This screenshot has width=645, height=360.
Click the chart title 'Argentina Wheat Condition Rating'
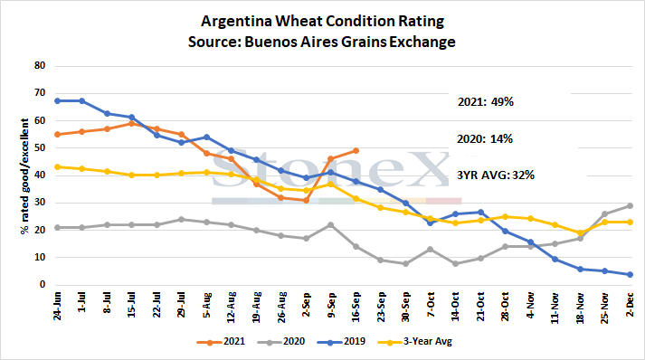coord(322,21)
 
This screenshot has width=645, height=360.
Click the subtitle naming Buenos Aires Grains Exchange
coord(322,42)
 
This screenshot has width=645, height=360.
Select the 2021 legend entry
coord(221,342)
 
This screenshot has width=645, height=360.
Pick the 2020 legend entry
coord(281,342)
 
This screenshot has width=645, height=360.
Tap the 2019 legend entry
coord(341,342)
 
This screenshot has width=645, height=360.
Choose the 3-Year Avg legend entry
coord(414,342)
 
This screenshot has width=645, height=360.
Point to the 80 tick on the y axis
coord(40,65)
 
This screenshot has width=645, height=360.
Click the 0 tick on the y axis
coord(43,284)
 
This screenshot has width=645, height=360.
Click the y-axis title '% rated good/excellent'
coord(24,176)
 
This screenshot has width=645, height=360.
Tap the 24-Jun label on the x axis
coord(57,306)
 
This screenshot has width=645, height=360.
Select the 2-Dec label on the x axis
coord(630,304)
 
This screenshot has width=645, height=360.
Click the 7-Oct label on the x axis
coord(431,305)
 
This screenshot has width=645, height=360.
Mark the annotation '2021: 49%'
coord(486,101)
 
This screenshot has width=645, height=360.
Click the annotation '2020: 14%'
coord(485,139)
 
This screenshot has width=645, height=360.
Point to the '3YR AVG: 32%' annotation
coord(496,175)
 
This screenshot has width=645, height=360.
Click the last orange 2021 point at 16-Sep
coord(356,150)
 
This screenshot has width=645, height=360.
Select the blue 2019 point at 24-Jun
coord(57,100)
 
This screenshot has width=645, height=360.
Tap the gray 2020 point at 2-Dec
coord(630,205)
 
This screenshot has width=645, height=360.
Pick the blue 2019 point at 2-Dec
coord(630,274)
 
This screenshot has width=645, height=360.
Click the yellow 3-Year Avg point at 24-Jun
coord(57,167)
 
